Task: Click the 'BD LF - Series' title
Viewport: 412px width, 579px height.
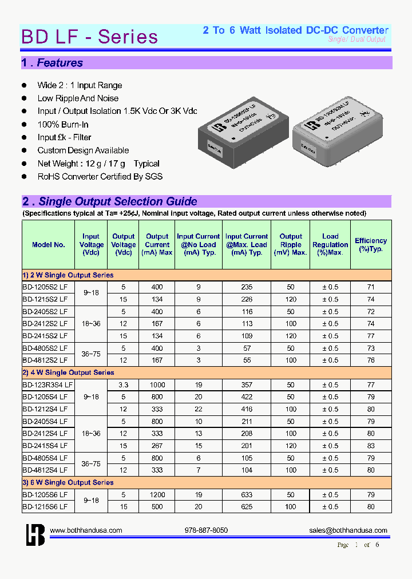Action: point(89,37)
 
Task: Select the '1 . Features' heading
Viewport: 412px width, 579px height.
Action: point(53,63)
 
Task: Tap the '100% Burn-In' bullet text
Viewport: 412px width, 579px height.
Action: point(63,124)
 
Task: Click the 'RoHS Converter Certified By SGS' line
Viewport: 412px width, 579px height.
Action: point(100,176)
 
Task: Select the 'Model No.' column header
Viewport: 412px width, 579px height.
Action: point(49,244)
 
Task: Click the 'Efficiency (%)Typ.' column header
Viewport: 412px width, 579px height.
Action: point(371,245)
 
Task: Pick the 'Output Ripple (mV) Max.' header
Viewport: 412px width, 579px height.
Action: point(291,244)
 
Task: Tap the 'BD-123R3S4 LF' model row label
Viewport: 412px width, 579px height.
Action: point(48,384)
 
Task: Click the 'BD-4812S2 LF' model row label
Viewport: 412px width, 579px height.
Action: point(45,360)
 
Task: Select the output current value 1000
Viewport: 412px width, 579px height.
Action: point(157,384)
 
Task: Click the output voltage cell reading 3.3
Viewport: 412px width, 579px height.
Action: point(124,384)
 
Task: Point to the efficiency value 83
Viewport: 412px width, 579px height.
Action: point(371,446)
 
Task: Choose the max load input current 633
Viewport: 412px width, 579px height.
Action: point(246,494)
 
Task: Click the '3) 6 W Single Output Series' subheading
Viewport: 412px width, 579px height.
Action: point(69,482)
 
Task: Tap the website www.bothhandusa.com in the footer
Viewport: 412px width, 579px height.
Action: point(86,530)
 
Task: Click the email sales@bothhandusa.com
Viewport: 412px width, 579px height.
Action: point(348,530)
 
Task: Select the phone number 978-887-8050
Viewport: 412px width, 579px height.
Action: point(206,530)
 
